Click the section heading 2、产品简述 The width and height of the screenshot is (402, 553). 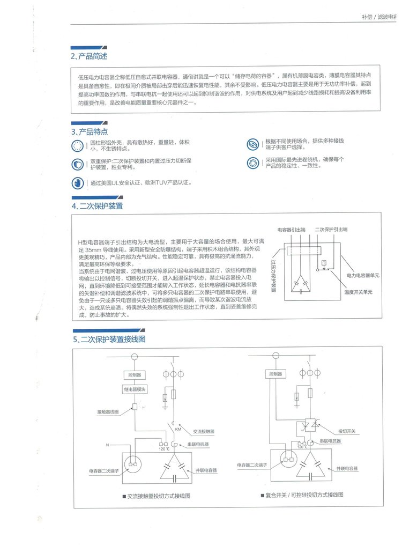coord(90,56)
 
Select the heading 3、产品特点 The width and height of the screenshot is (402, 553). coord(90,131)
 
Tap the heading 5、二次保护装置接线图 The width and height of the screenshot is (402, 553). coord(109,339)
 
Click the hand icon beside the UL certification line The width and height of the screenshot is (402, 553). coord(78,182)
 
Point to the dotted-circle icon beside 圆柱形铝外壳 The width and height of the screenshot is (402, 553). coord(78,145)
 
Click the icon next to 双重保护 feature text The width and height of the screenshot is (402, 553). coord(78,164)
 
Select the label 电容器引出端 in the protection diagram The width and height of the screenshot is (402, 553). coord(291,229)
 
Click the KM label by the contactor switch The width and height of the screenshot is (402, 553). coord(178,430)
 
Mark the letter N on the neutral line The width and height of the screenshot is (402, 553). coord(107,445)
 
